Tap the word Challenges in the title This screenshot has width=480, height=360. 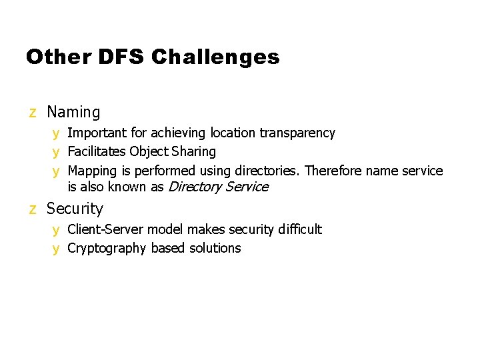coord(215,58)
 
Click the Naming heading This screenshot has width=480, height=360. coord(73,113)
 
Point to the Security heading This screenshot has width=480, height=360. coord(75,209)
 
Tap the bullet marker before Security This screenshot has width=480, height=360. coord(33,209)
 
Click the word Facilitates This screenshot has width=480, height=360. coord(97,152)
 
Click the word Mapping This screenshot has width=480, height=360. coord(93,171)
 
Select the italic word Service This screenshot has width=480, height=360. coord(246,187)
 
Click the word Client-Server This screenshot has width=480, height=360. coord(105,229)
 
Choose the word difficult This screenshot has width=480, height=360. coord(299,229)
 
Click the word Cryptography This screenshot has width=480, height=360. coord(107,248)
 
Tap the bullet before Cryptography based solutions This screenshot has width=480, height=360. coord(57,249)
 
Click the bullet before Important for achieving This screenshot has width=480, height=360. coord(57,133)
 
